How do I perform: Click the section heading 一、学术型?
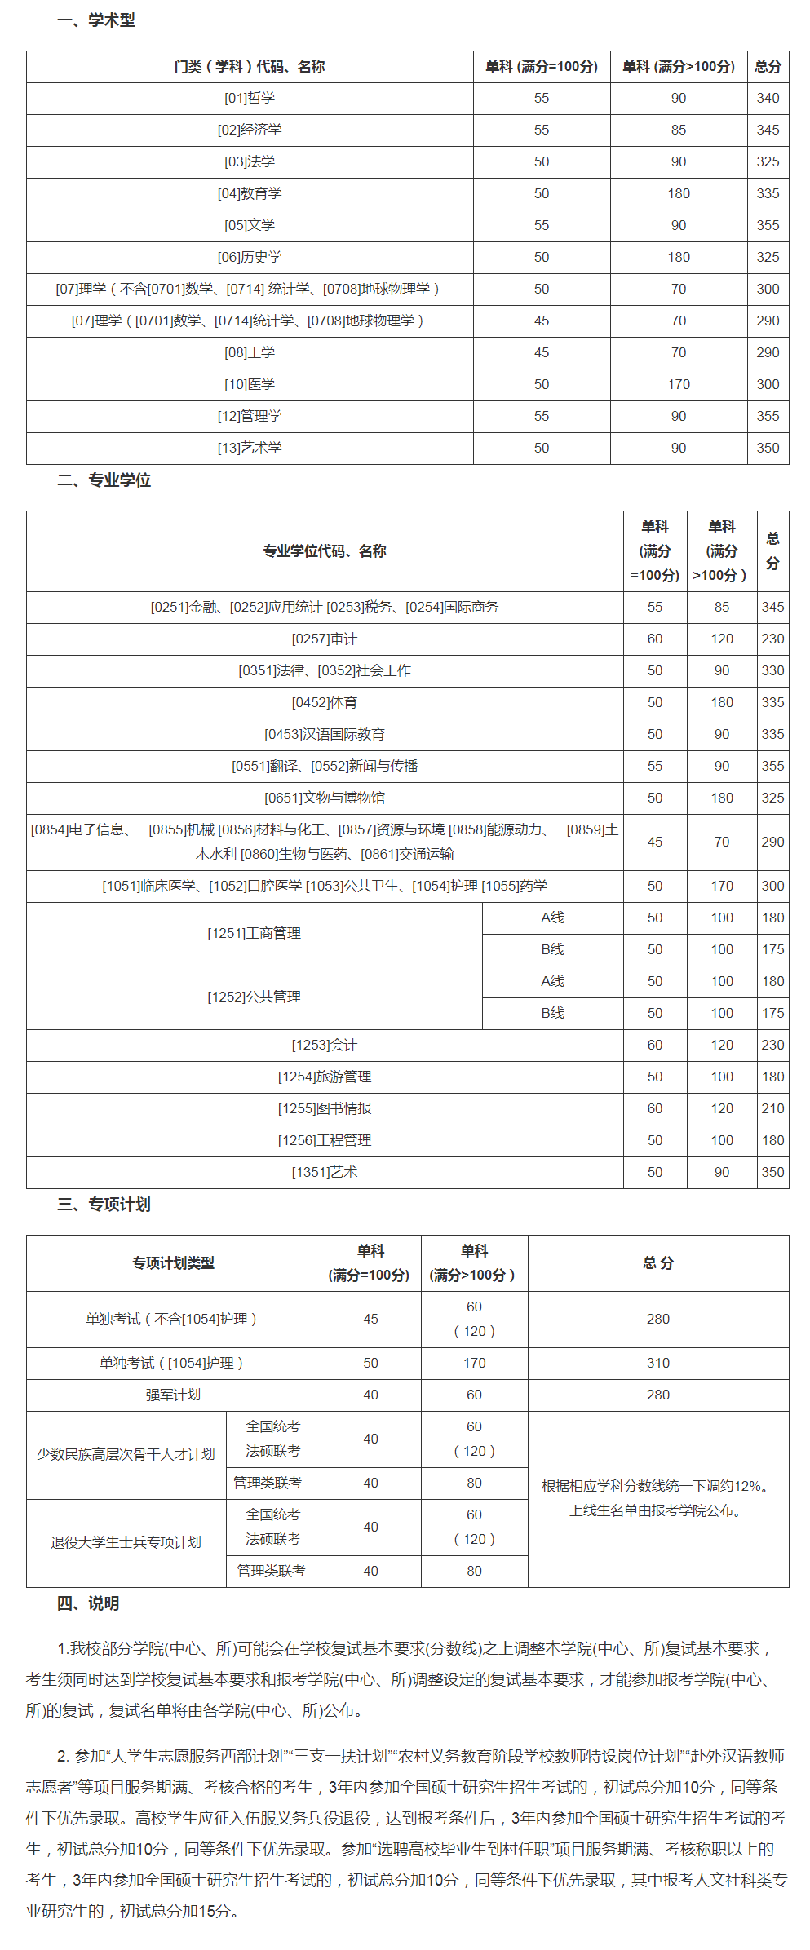[x=96, y=20]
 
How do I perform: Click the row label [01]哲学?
[x=250, y=98]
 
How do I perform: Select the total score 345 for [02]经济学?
[x=768, y=130]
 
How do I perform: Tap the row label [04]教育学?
[x=250, y=193]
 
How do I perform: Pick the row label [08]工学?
[x=250, y=352]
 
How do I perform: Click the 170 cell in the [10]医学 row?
[x=679, y=384]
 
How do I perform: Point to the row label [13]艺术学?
[x=250, y=448]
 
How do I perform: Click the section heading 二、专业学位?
[x=104, y=480]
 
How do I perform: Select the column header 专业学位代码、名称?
[x=325, y=551]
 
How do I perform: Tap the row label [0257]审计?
[x=325, y=639]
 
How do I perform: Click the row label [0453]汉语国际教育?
[x=325, y=734]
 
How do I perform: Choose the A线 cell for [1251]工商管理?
[x=552, y=918]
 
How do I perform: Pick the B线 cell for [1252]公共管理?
[x=552, y=1013]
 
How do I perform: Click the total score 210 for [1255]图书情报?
[x=772, y=1108]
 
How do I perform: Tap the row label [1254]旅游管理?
[x=325, y=1077]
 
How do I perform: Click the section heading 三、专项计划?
[x=104, y=1205]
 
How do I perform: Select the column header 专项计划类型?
[x=174, y=1262]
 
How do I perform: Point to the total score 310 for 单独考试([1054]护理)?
[x=658, y=1363]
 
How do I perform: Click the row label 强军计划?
[x=174, y=1395]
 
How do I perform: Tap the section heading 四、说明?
[x=88, y=1603]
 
